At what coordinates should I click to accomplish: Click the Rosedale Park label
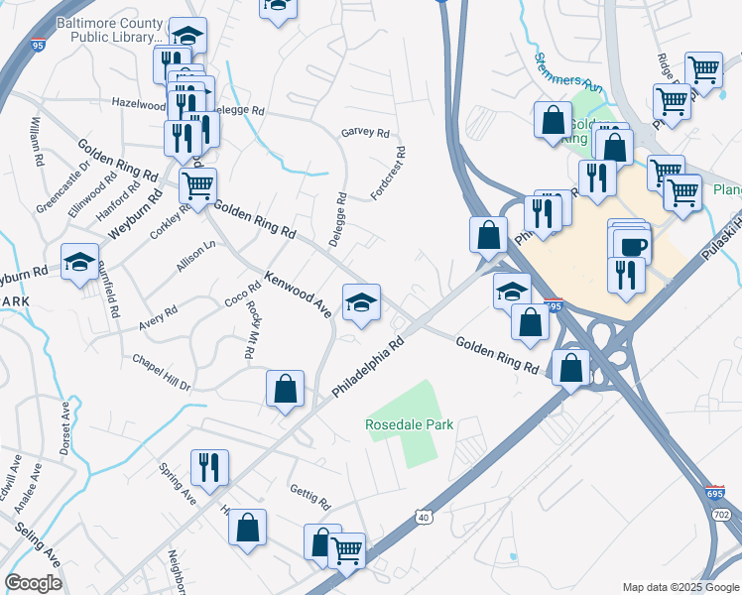click(410, 424)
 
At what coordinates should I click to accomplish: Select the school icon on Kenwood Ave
click(361, 302)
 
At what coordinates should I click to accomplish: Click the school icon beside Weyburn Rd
click(79, 263)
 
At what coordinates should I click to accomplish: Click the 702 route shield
click(720, 515)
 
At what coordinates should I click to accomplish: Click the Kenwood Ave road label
click(298, 289)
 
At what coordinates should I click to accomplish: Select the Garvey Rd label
click(365, 132)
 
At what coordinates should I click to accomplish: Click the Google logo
click(33, 583)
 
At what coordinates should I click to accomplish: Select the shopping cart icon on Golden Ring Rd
click(198, 183)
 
